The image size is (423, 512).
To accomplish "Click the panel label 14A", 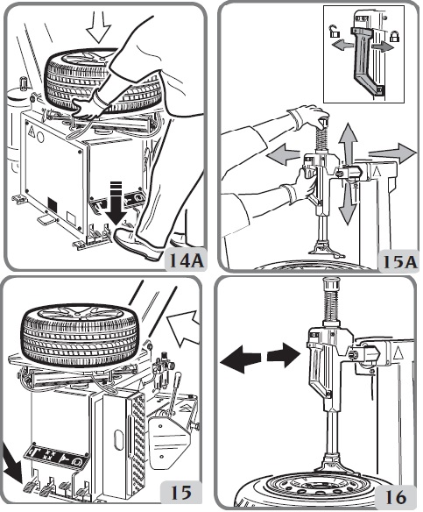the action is coord(187,260).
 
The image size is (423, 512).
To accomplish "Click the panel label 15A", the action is coord(400,261).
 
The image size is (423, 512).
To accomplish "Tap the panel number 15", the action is coord(181,492).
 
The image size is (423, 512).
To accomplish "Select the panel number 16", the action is coord(396,497).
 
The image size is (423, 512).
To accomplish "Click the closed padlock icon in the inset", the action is coord(394,35).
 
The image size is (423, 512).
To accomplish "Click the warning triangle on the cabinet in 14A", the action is coord(32,132).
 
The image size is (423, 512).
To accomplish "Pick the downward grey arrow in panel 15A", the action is coord(347,203).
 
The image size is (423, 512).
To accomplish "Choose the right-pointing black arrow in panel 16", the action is coord(284,355).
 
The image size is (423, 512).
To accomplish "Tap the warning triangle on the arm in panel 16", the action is coord(398,353).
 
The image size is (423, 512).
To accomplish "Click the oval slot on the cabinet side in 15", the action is coord(117,441).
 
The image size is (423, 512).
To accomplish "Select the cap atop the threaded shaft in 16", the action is coord(332,283).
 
